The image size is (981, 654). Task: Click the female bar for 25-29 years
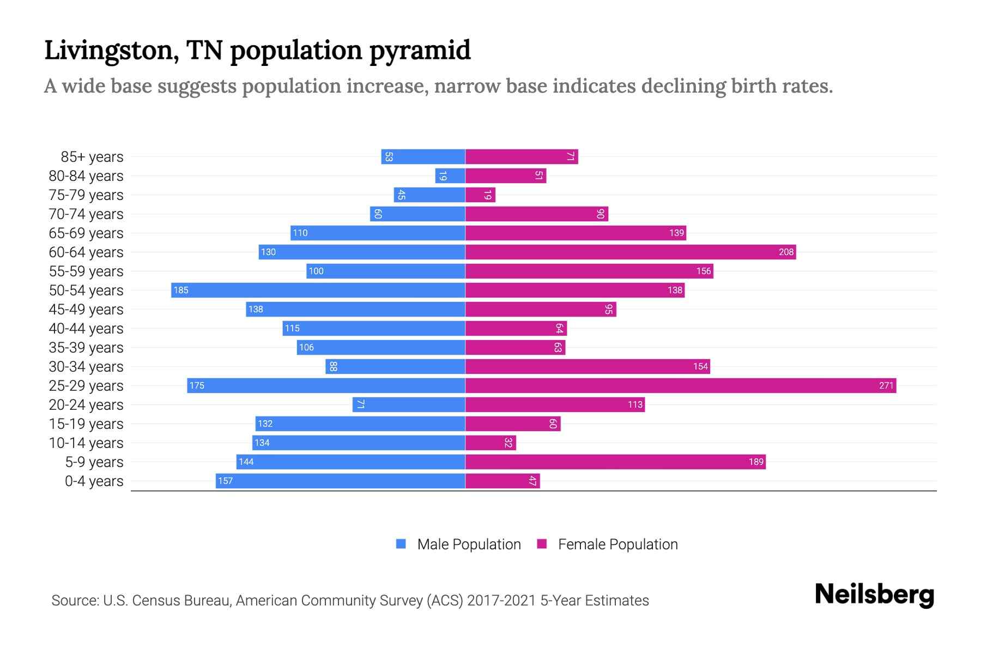pyautogui.click(x=681, y=386)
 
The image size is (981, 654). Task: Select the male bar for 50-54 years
pyautogui.click(x=318, y=290)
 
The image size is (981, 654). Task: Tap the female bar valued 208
pyautogui.click(x=631, y=252)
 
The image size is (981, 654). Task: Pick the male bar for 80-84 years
pyautogui.click(x=450, y=176)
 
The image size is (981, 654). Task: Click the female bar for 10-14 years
pyautogui.click(x=491, y=443)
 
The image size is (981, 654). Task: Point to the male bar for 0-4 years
pyautogui.click(x=341, y=481)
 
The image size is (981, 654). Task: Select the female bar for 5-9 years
pyautogui.click(x=615, y=462)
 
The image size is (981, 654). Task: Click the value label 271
pyautogui.click(x=886, y=386)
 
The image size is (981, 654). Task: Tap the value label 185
pyautogui.click(x=181, y=290)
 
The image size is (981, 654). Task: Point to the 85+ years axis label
pyautogui.click(x=92, y=157)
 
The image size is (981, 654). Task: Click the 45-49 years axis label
pyautogui.click(x=86, y=310)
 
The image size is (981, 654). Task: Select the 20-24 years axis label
pyautogui.click(x=86, y=405)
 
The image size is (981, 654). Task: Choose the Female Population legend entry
pyautogui.click(x=608, y=544)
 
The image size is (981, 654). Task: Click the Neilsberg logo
pyautogui.click(x=874, y=595)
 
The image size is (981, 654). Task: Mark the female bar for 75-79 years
pyautogui.click(x=480, y=195)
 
